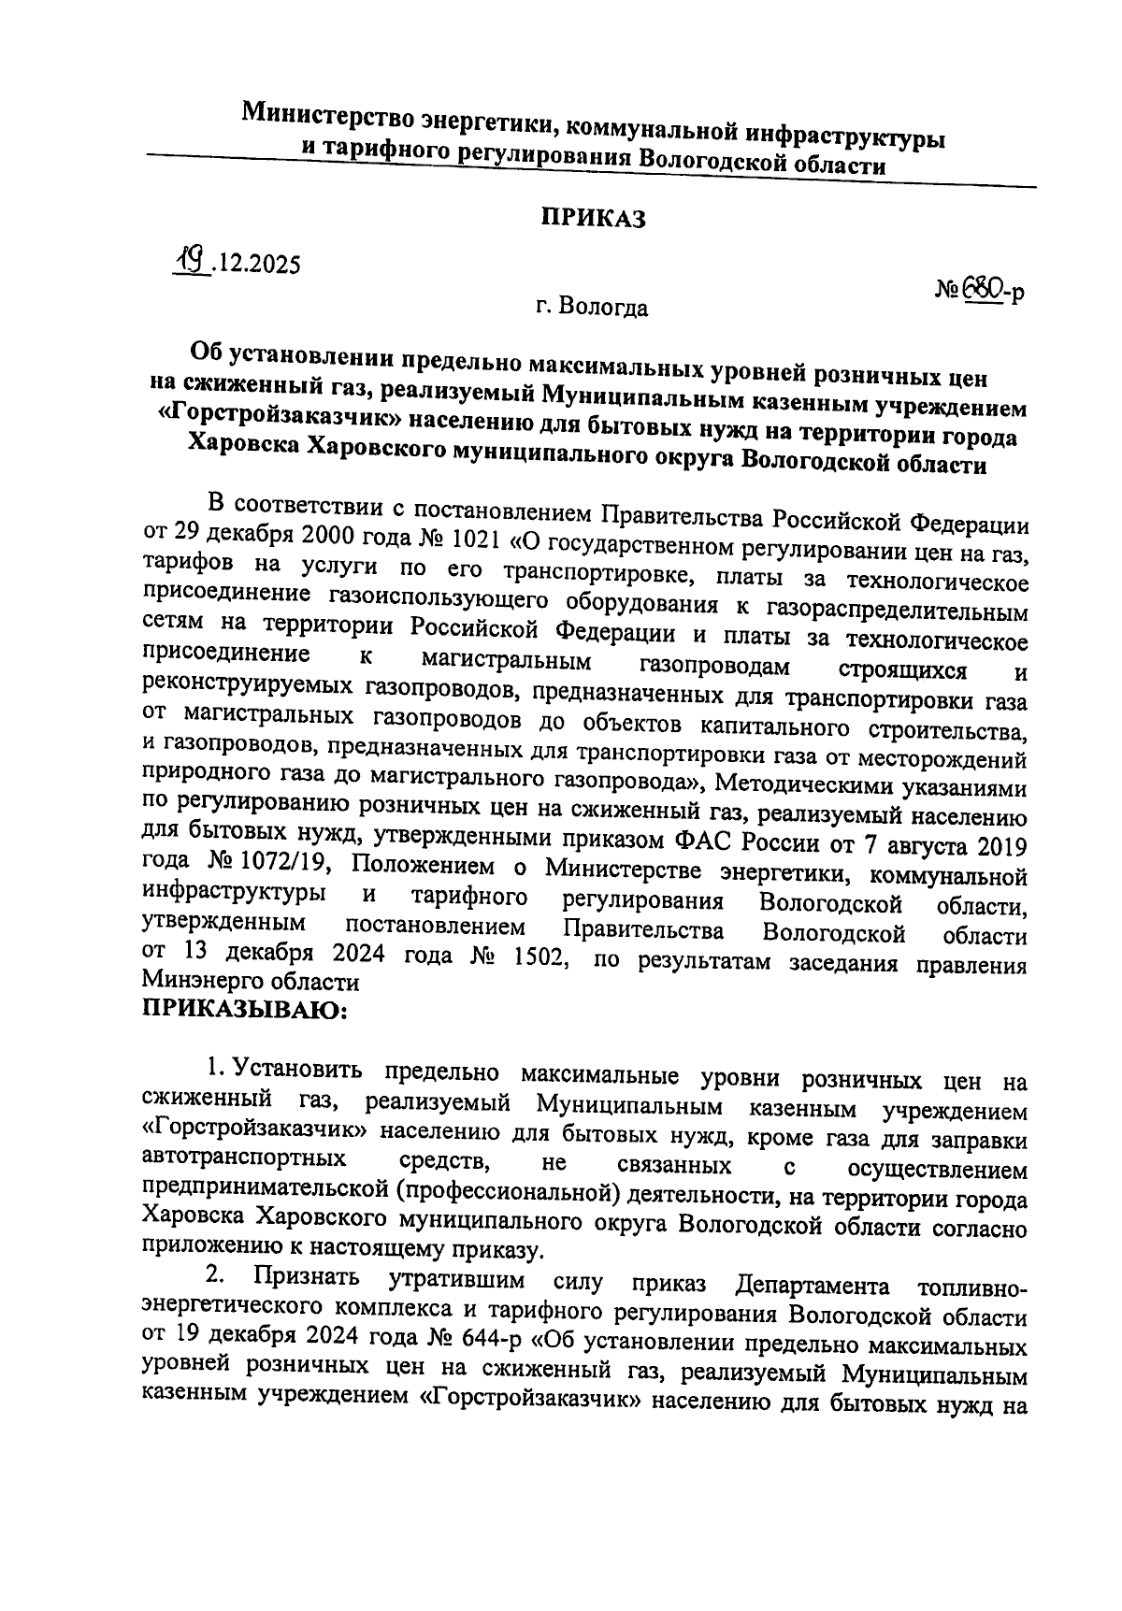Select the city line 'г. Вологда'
click(x=592, y=307)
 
